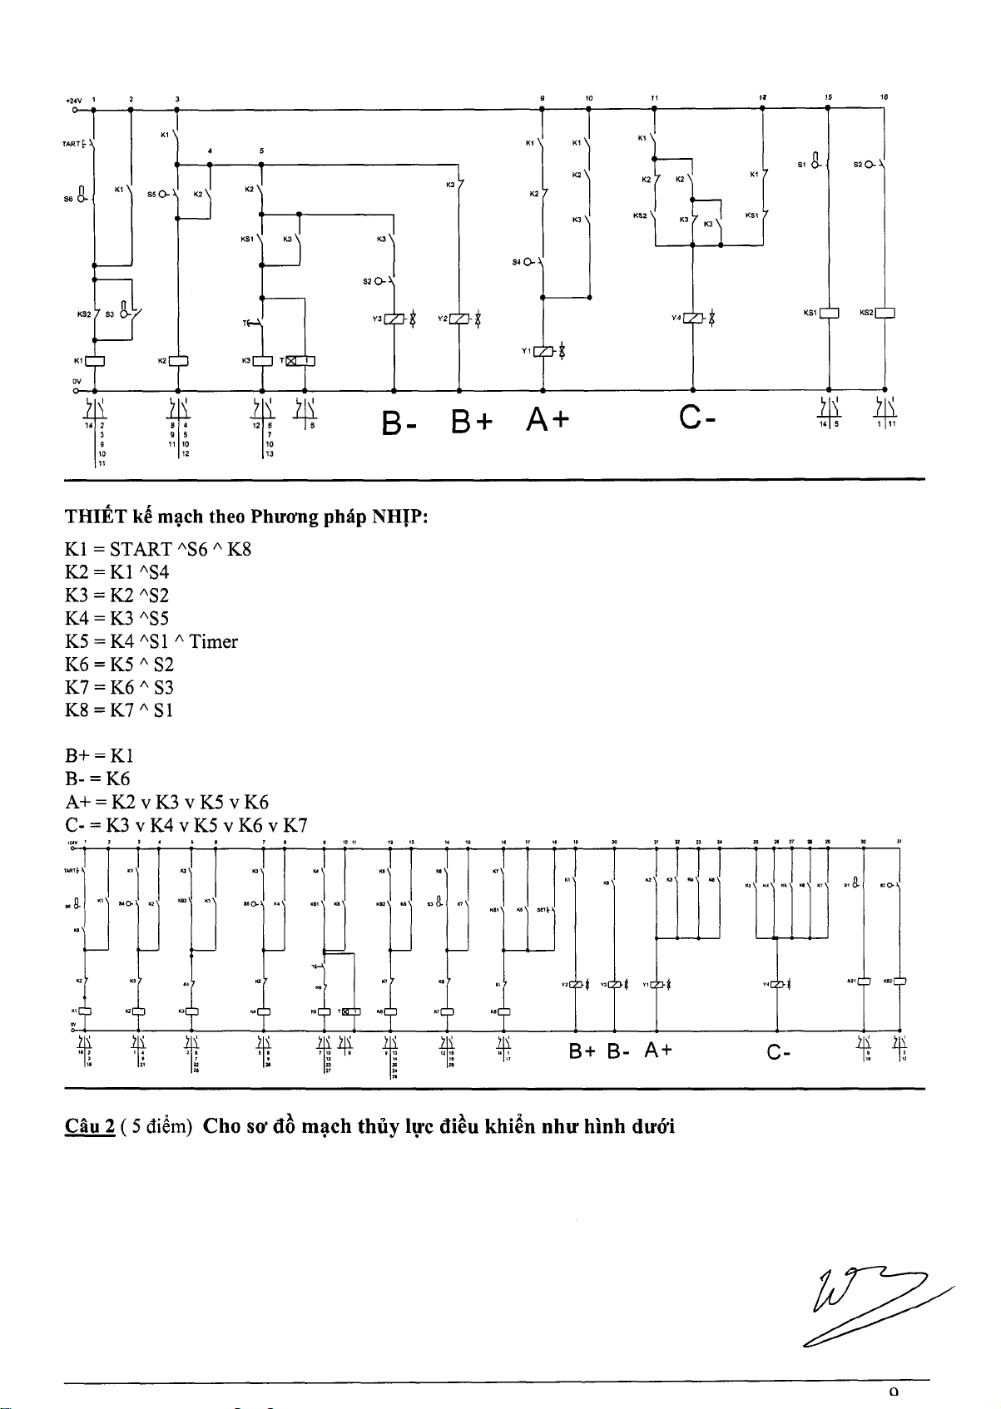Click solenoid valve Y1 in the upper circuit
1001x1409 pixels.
tap(543, 351)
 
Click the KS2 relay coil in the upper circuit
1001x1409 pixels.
tap(884, 313)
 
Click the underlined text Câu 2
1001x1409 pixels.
tap(89, 1127)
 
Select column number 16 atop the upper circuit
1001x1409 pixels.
tap(885, 97)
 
